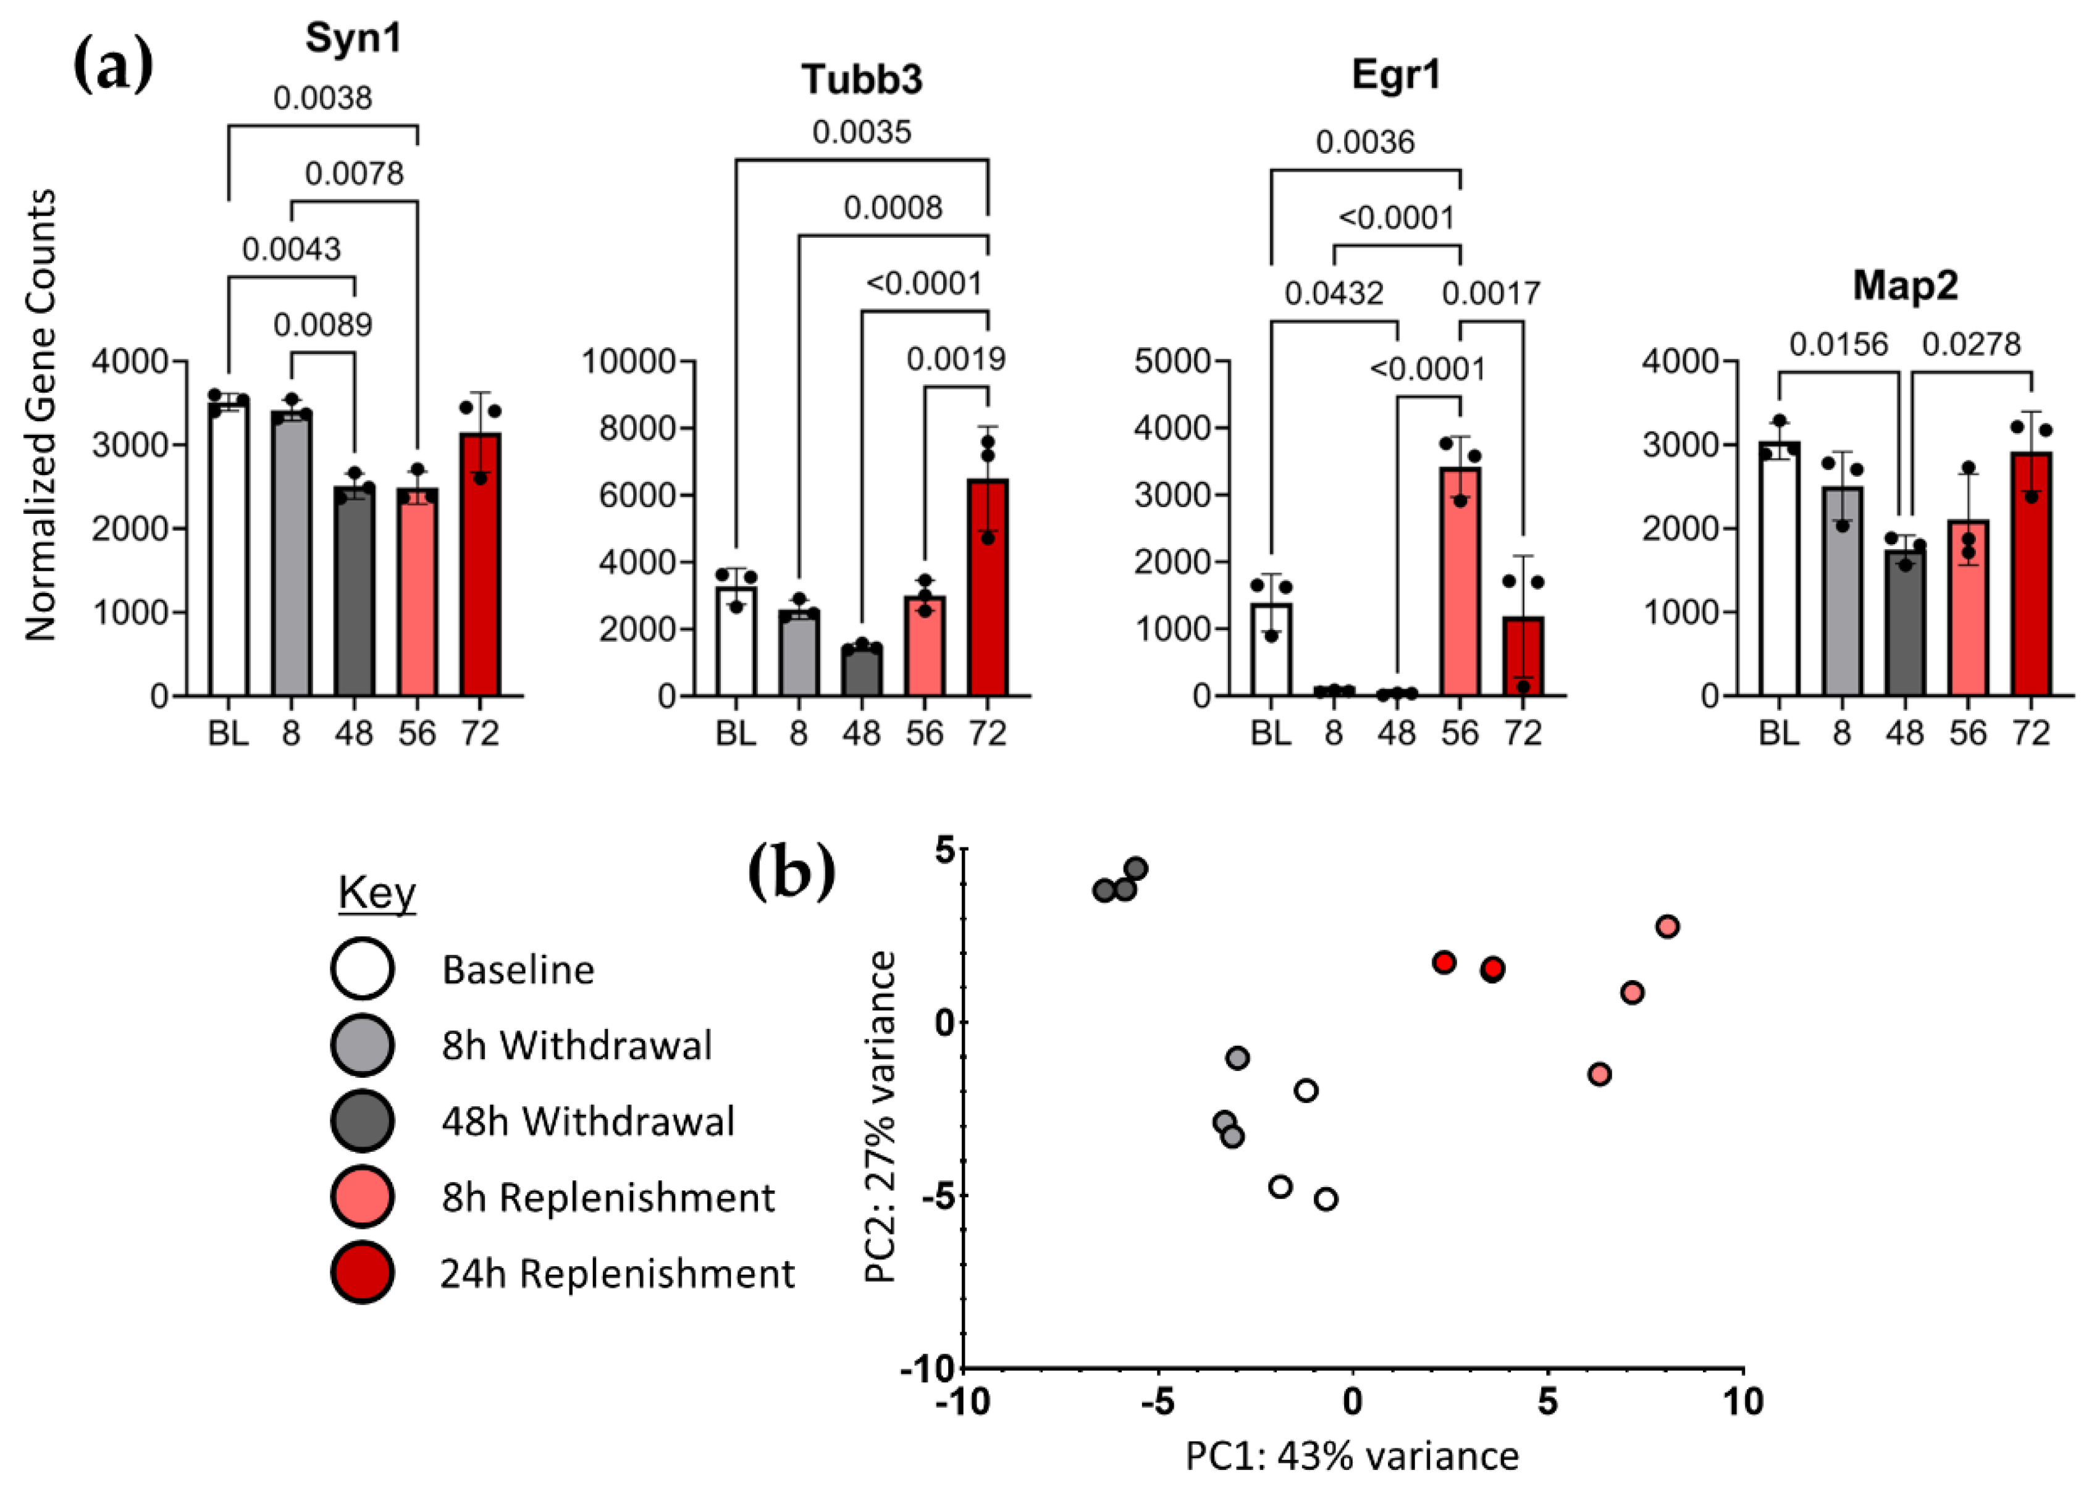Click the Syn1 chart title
point(353,38)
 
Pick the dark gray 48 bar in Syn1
point(353,592)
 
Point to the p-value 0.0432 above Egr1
point(1334,294)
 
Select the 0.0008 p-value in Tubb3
point(893,208)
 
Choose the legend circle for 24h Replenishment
point(363,1272)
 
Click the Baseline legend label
point(518,970)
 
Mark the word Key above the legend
point(377,892)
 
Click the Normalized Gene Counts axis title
point(40,415)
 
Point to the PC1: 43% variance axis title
point(1351,1456)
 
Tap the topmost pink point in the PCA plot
point(1668,926)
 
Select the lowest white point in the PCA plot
point(1325,1199)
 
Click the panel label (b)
point(791,873)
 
